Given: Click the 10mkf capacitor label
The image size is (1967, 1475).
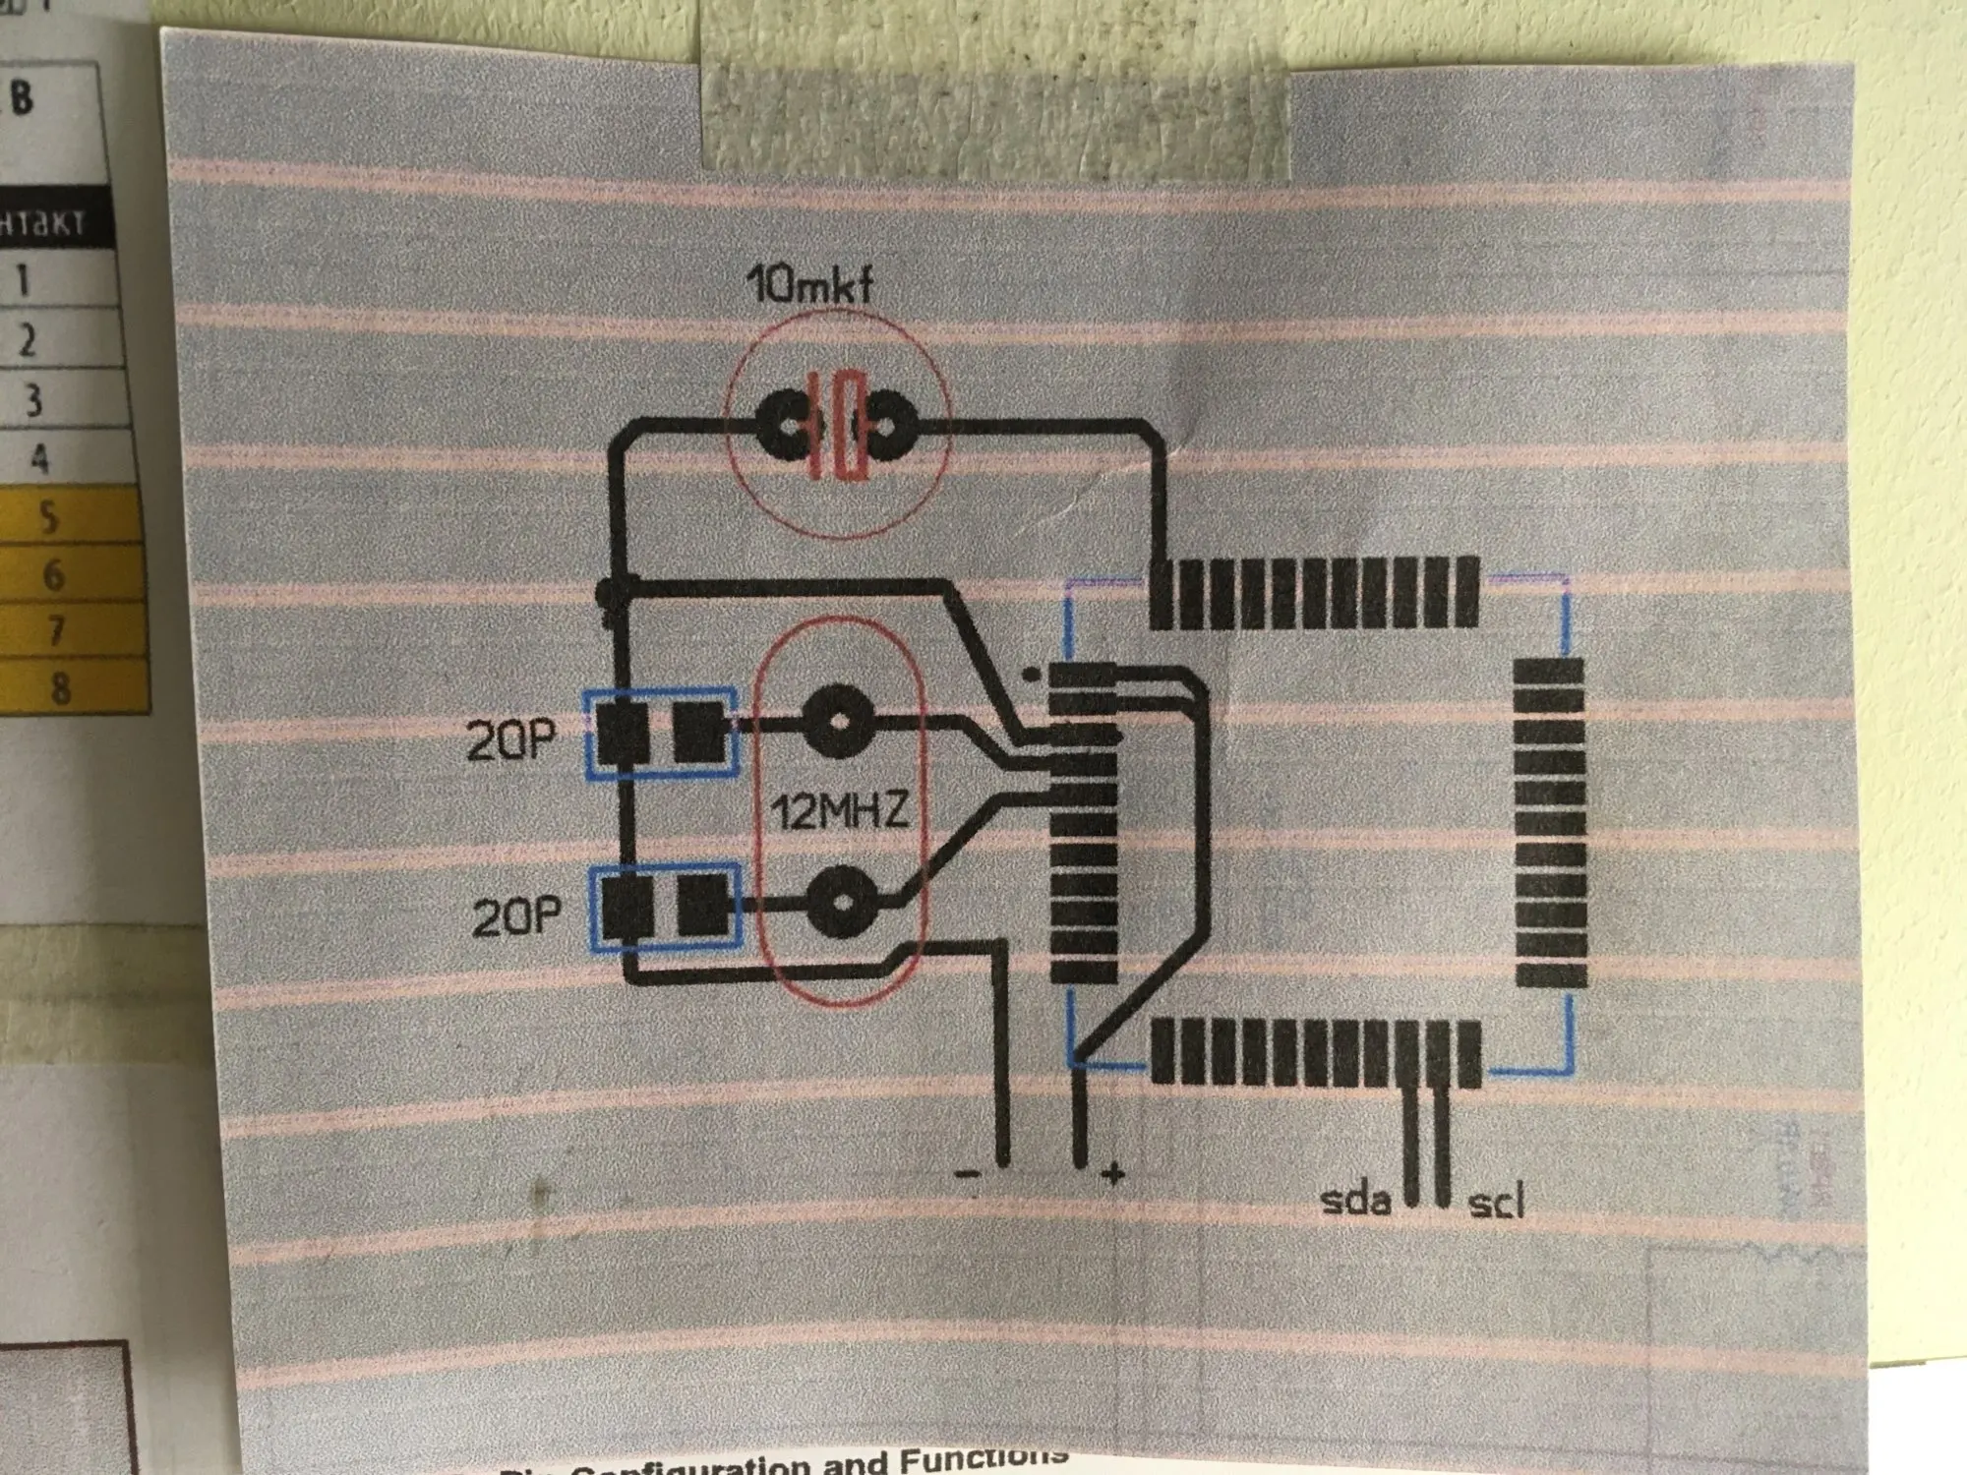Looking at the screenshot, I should coord(809,285).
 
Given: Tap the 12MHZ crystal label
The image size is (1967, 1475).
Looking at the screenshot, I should coord(838,812).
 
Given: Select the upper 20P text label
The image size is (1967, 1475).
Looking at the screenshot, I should coord(510,739).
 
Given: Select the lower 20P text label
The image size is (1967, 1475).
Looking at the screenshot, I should coord(516,916).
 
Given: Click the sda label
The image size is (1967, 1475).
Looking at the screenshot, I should coord(1355,1200).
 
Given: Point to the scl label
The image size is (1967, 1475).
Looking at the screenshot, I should coord(1496,1203).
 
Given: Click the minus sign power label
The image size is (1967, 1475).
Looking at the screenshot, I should coord(968,1172).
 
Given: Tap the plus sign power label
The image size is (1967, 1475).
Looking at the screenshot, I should coord(1112,1172).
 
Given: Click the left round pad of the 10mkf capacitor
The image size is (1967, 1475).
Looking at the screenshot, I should coord(790,427).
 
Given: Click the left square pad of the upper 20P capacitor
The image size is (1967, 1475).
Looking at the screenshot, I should coord(624,734).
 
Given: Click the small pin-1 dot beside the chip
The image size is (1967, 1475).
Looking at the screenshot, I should coord(1030,675).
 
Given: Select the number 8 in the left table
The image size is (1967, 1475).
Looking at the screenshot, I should coord(60,687).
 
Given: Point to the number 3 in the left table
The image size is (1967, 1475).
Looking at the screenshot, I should coord(33,400).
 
